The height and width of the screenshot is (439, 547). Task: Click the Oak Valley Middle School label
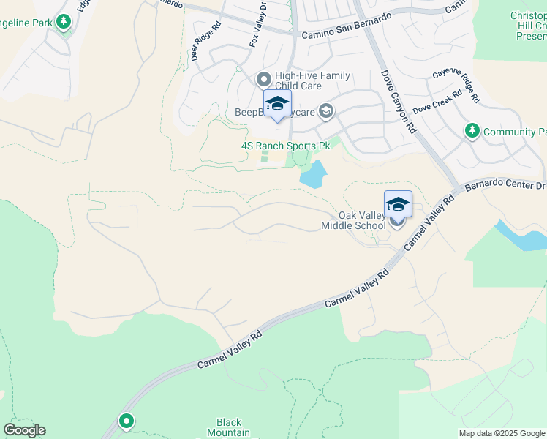click(x=354, y=220)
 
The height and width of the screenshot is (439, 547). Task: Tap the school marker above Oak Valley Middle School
click(x=398, y=204)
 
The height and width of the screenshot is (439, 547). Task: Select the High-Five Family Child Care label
click(x=312, y=80)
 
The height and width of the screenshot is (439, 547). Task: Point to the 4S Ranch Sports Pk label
click(x=286, y=146)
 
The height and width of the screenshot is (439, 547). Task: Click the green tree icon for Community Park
click(x=472, y=131)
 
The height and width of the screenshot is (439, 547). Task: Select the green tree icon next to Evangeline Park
click(x=64, y=22)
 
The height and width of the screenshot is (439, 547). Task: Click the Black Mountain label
click(x=229, y=427)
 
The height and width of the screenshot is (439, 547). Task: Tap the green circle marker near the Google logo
click(x=127, y=421)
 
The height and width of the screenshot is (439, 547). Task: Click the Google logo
click(x=24, y=430)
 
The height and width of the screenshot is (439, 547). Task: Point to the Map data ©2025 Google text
click(x=502, y=433)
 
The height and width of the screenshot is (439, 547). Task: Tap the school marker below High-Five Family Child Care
click(x=277, y=103)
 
